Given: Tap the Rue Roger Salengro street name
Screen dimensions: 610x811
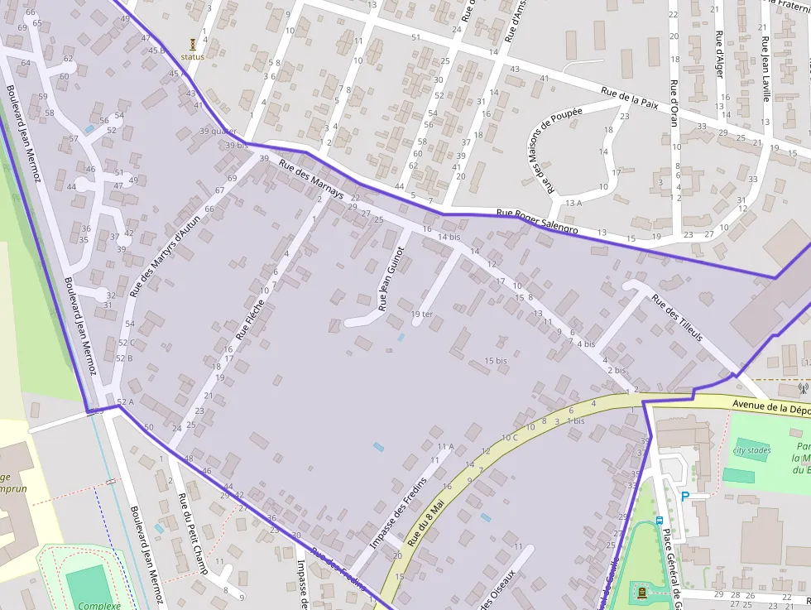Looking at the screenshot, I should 537,219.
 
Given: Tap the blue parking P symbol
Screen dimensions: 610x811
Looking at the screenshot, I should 684,497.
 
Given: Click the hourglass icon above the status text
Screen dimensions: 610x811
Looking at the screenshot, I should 193,44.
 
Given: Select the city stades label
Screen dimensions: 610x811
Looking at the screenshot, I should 751,451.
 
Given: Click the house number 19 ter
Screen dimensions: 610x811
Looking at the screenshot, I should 422,314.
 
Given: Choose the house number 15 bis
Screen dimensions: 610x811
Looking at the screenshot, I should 496,361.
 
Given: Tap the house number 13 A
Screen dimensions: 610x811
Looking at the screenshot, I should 573,203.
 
